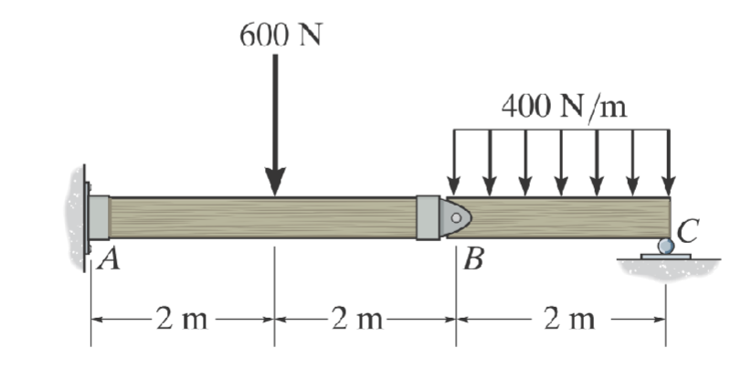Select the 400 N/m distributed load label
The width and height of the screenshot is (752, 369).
tap(564, 107)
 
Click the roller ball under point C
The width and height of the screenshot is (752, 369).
tap(665, 246)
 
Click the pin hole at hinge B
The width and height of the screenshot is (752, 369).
tap(454, 217)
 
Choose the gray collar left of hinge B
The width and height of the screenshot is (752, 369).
tap(427, 217)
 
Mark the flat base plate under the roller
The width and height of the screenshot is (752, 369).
tap(665, 257)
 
